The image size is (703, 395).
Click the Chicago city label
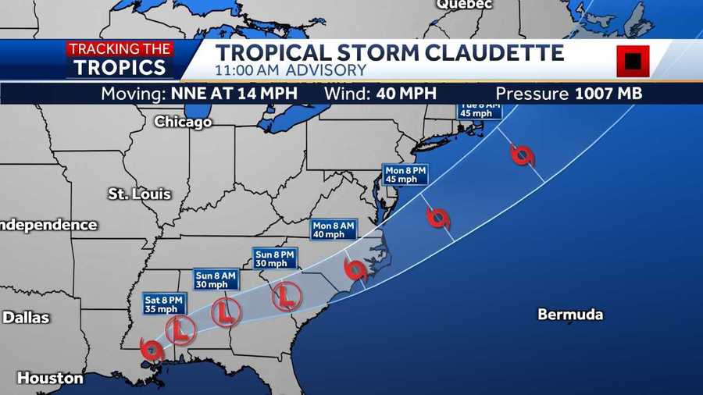click(183, 122)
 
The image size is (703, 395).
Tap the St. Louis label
click(139, 194)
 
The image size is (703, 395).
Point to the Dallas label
click(26, 318)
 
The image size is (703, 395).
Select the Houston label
click(50, 378)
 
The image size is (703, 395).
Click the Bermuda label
click(570, 315)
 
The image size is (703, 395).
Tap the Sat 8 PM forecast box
click(164, 304)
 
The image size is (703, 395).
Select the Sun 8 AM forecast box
click(216, 279)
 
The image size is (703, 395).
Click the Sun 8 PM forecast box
click(274, 258)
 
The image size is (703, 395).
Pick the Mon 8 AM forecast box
click(334, 230)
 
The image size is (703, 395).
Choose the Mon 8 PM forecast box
click(406, 174)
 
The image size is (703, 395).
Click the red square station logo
click(633, 61)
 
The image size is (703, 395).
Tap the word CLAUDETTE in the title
click(495, 53)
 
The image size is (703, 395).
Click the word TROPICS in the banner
click(120, 67)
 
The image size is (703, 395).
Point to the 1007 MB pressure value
click(608, 94)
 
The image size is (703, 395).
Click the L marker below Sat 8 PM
click(180, 330)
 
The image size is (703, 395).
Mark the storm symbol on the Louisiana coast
click(152, 348)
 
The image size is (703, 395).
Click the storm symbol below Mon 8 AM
click(356, 270)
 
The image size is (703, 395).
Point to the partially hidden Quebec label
click(464, 5)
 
